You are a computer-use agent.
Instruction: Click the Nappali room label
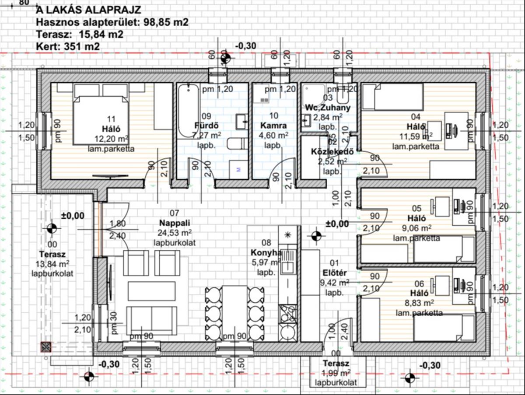pyautogui.click(x=175, y=222)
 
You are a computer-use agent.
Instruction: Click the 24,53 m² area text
pyautogui.click(x=175, y=232)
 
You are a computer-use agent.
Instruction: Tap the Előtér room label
pyautogui.click(x=334, y=273)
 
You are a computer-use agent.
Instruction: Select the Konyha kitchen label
pyautogui.click(x=266, y=252)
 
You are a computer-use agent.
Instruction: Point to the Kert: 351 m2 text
pyautogui.click(x=68, y=46)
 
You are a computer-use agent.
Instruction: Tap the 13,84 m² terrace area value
pyautogui.click(x=52, y=263)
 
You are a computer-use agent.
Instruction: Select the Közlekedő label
pyautogui.click(x=332, y=152)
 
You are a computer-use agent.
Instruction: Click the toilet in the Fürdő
pyautogui.click(x=236, y=144)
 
